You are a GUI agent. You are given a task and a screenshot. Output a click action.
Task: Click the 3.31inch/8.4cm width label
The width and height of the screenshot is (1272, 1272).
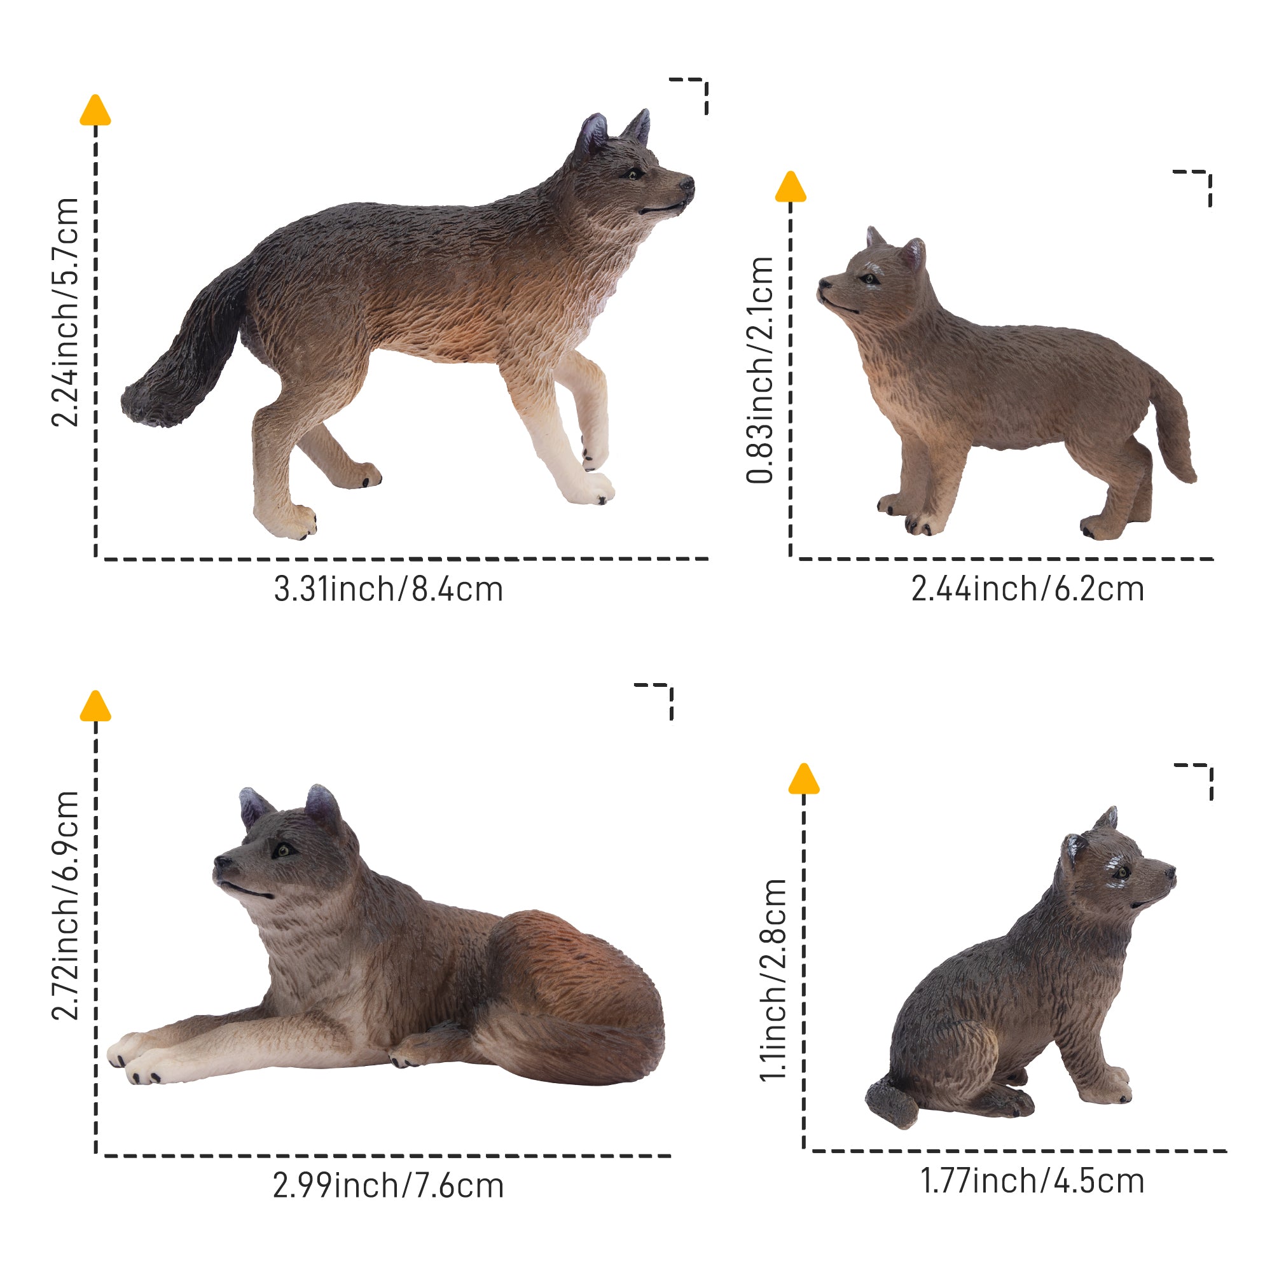click(x=389, y=590)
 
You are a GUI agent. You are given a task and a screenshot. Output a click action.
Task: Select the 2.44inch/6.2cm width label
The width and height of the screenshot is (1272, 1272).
click(x=1027, y=590)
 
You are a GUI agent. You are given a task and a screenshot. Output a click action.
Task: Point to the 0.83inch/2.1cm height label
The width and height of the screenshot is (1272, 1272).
click(x=760, y=371)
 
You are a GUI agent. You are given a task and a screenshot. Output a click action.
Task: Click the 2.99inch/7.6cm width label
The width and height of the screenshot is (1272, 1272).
click(x=389, y=1186)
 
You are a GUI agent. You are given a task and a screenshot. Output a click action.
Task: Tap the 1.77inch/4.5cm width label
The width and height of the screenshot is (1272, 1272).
click(x=1032, y=1180)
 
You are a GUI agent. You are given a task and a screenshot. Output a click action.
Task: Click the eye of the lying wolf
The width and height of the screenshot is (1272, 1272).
click(x=283, y=850)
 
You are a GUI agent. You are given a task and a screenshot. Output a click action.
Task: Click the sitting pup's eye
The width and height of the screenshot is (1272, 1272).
click(x=1121, y=873)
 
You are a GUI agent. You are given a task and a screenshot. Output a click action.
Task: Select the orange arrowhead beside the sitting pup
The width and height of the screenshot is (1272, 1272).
click(x=803, y=780)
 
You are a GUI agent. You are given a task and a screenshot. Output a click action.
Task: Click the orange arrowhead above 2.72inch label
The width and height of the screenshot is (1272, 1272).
click(x=95, y=707)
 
